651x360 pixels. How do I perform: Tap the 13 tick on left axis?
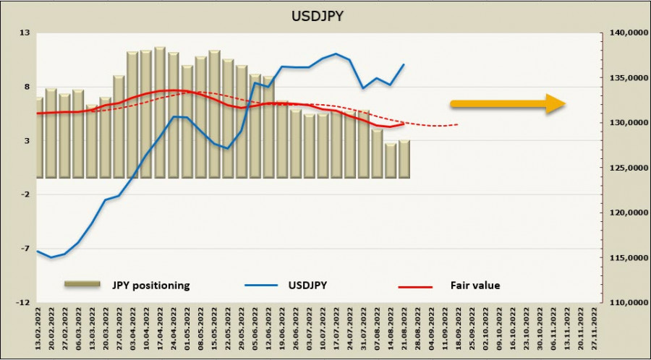point(24,33)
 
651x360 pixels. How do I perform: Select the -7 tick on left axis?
point(24,248)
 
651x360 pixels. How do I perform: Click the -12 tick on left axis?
point(22,302)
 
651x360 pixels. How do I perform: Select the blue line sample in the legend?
point(264,286)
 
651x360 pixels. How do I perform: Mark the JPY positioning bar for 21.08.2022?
point(404,159)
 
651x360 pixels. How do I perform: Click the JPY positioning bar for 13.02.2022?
point(39,137)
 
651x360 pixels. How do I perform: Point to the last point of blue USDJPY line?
point(404,64)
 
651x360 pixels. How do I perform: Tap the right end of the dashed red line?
point(458,124)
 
